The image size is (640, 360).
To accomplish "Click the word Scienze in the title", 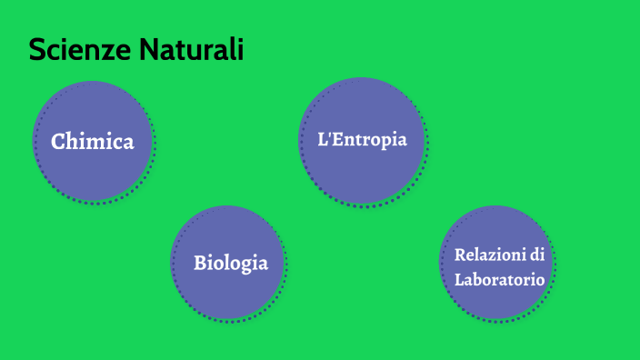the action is point(80,50).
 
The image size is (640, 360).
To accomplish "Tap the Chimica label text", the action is point(93,142).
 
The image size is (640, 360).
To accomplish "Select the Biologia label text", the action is point(231,264).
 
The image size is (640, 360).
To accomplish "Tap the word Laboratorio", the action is point(500,280).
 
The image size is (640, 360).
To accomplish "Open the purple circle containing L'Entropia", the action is point(362,173).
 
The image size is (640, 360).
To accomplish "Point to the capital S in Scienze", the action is point(37,50).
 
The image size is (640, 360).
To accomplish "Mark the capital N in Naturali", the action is point(149,50).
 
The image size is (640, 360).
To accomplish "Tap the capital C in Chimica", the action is point(58,142).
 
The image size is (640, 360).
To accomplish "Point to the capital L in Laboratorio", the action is point(460,280).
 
